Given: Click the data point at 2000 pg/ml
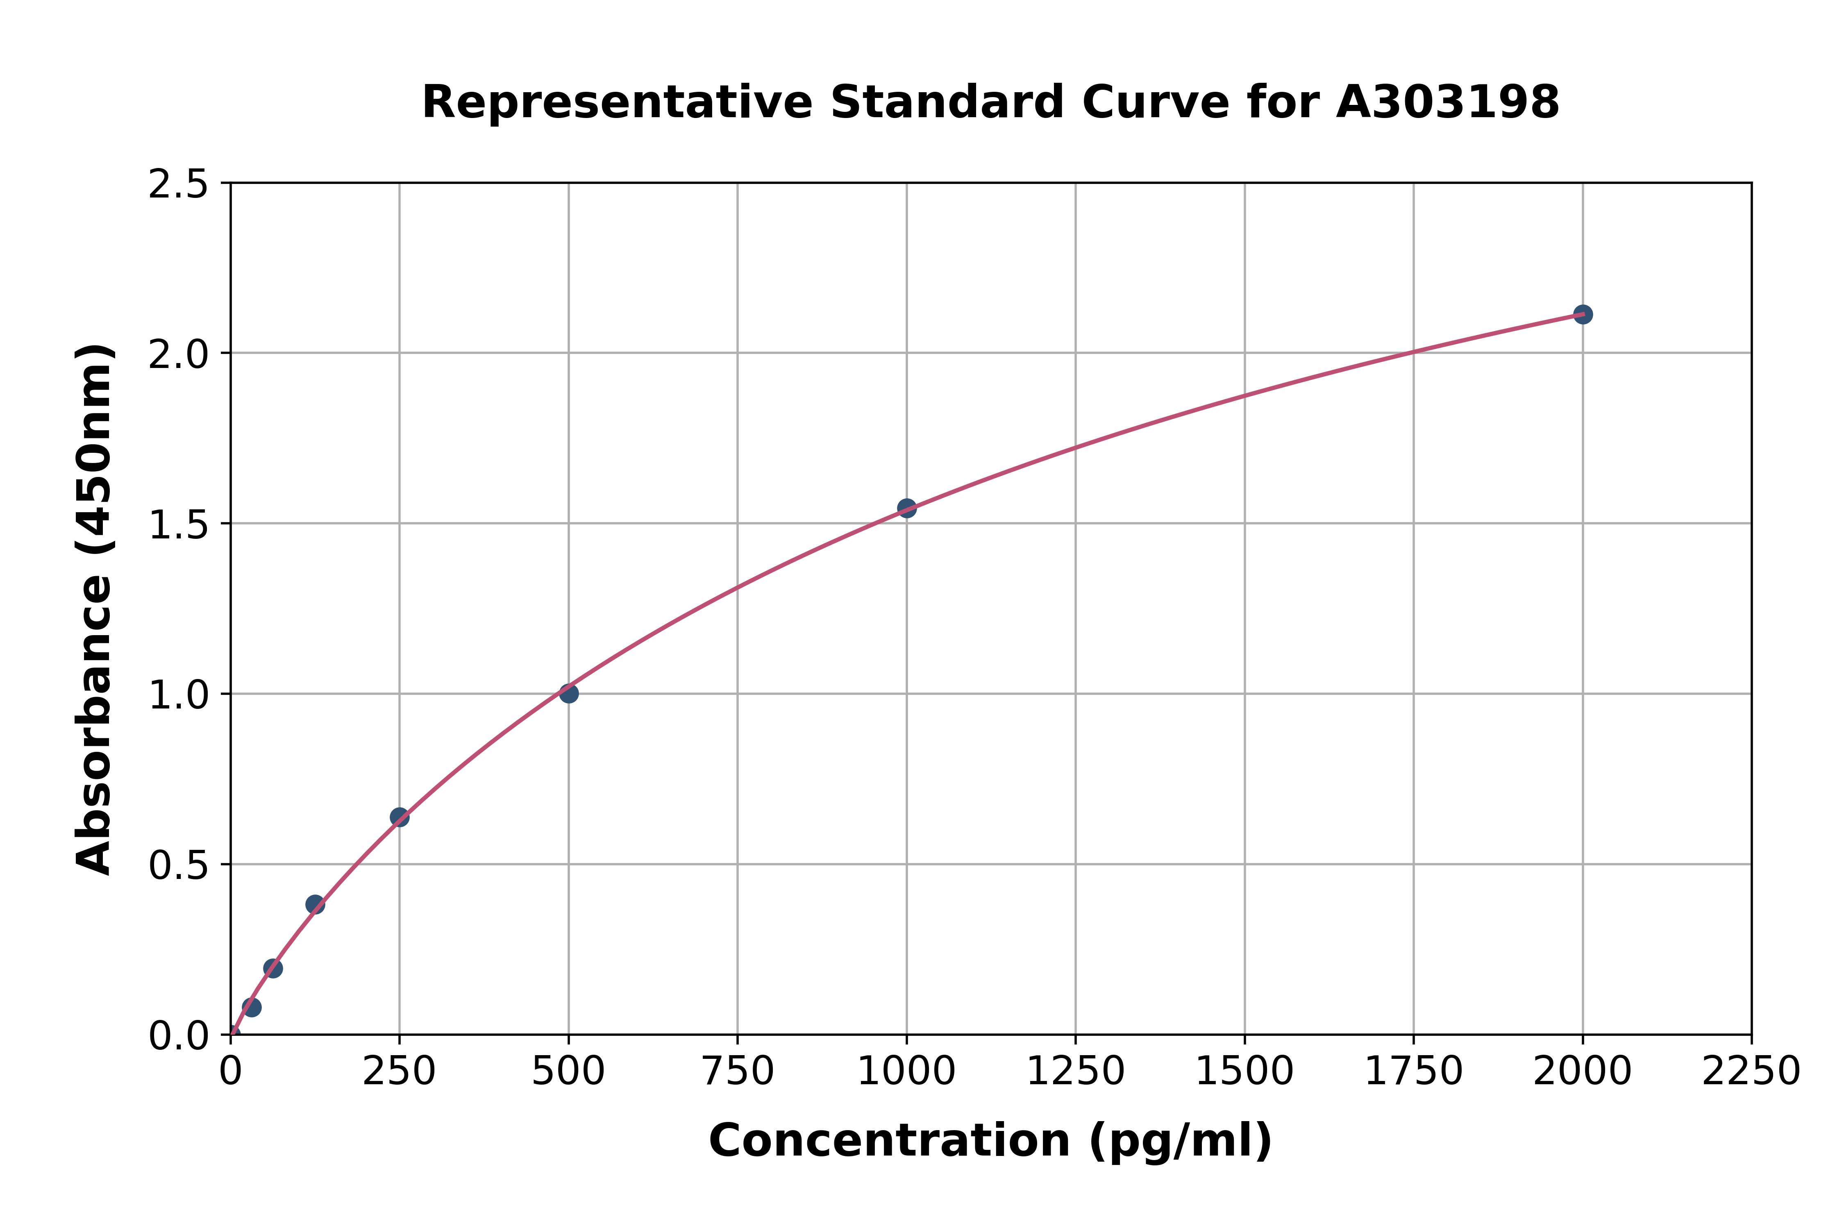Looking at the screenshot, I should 1583,314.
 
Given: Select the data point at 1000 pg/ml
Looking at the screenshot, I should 906,509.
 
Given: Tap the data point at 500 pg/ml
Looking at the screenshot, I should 569,693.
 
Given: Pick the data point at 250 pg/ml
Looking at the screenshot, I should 400,817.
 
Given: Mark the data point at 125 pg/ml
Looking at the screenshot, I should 315,904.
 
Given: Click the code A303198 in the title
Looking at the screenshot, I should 1447,102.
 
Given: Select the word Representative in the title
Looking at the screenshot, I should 617,102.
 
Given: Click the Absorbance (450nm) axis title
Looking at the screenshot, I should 95,609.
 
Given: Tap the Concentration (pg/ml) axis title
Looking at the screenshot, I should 990,1141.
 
